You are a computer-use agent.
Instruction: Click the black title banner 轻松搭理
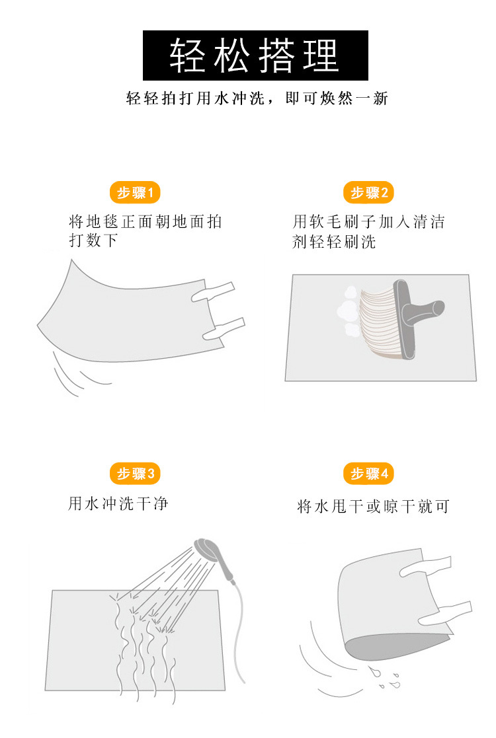tap(255, 55)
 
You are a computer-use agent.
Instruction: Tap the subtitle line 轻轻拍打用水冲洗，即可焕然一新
tap(257, 99)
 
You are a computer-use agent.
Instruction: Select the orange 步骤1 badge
tap(135, 193)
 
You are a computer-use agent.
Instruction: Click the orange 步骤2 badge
tap(368, 193)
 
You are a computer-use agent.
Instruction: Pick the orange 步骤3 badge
tap(135, 474)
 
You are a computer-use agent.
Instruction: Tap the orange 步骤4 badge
tap(368, 474)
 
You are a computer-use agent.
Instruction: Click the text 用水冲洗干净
tap(118, 504)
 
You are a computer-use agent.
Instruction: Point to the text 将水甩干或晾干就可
tap(373, 507)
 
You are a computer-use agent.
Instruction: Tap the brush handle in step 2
tap(427, 309)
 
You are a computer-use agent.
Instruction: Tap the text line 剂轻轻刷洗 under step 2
tap(334, 242)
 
